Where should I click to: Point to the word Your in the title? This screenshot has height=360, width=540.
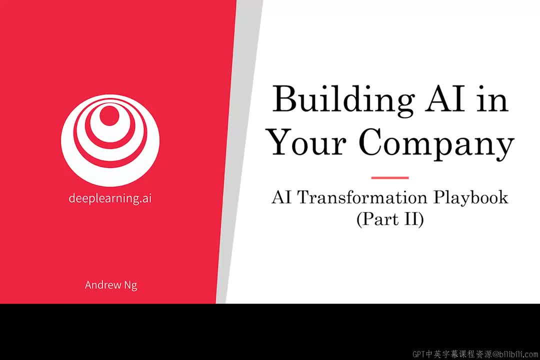click(307, 141)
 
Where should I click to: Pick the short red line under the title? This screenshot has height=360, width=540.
click(390, 178)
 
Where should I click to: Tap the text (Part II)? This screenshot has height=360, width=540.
click(390, 219)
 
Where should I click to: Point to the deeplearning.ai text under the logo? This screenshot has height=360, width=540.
click(110, 198)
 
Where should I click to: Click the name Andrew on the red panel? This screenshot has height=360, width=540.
click(103, 285)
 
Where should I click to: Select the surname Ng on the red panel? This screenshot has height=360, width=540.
click(131, 285)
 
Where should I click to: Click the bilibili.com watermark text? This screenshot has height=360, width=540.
click(515, 354)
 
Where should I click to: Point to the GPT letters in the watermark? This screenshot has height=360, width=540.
click(419, 354)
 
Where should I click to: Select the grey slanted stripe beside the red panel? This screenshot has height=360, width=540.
click(239, 151)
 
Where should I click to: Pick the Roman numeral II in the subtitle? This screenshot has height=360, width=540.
click(411, 219)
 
